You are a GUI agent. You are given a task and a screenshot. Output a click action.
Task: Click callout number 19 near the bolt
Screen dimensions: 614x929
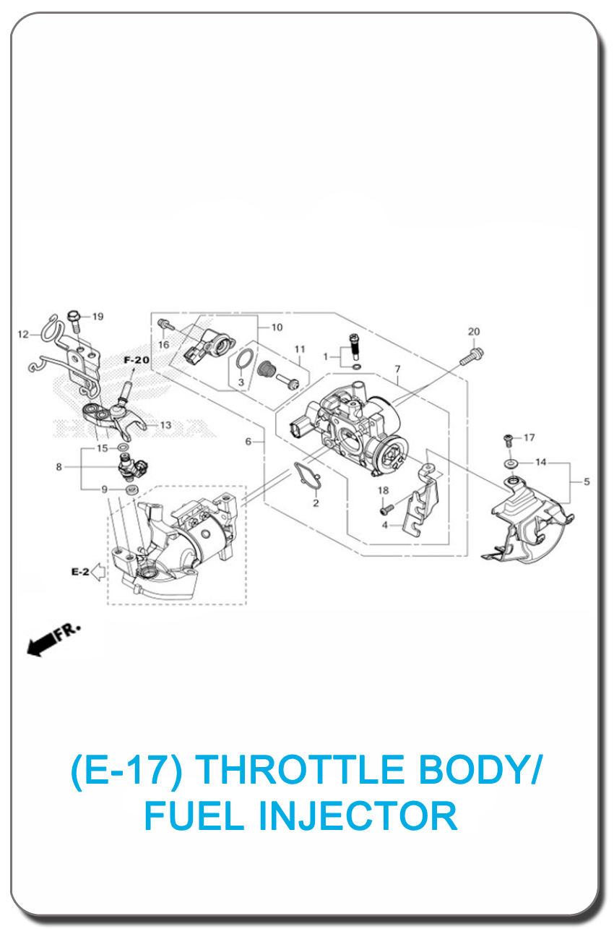click(98, 317)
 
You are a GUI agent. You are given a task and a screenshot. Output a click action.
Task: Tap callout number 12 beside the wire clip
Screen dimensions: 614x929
click(23, 334)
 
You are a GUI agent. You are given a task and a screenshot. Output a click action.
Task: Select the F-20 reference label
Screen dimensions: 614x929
click(137, 360)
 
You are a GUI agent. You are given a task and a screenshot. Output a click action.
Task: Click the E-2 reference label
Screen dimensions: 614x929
click(80, 572)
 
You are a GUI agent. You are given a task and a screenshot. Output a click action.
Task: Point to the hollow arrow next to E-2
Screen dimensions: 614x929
click(98, 572)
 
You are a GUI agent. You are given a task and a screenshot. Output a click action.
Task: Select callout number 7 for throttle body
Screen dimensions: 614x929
click(397, 369)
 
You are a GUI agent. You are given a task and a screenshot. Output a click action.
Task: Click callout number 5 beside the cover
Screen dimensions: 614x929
click(587, 481)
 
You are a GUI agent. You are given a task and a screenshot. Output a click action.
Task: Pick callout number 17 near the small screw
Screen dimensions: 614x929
click(529, 437)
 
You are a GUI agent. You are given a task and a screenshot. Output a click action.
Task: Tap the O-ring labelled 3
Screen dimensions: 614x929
click(245, 359)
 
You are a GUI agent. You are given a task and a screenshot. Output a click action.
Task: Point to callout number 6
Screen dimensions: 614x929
click(248, 441)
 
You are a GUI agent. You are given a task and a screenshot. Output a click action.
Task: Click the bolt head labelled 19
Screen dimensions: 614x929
click(74, 315)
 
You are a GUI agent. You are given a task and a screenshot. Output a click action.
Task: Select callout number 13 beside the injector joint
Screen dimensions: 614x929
click(165, 425)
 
